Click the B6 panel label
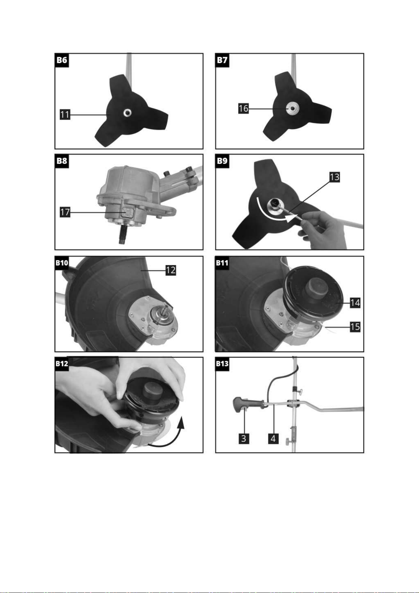click(x=62, y=61)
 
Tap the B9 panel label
click(x=222, y=161)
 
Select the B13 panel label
click(x=222, y=364)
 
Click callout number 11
click(x=65, y=115)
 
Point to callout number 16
click(x=243, y=108)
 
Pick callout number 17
click(x=65, y=212)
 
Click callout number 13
click(x=335, y=177)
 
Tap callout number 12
click(x=171, y=270)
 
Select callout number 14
click(x=355, y=303)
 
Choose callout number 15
click(x=355, y=327)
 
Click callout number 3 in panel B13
click(x=244, y=439)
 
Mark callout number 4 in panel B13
click(x=273, y=439)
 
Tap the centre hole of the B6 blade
click(x=127, y=113)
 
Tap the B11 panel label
click(x=222, y=263)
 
